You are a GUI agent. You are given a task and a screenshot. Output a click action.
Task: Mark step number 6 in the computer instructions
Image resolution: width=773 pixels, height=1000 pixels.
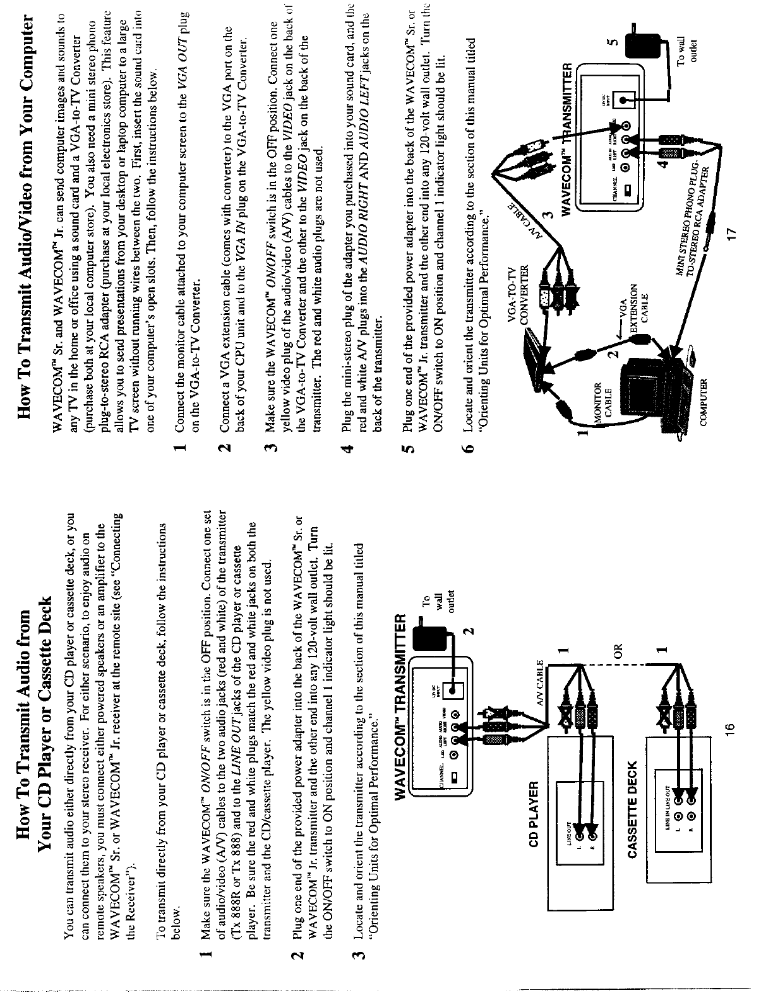point(468,449)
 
